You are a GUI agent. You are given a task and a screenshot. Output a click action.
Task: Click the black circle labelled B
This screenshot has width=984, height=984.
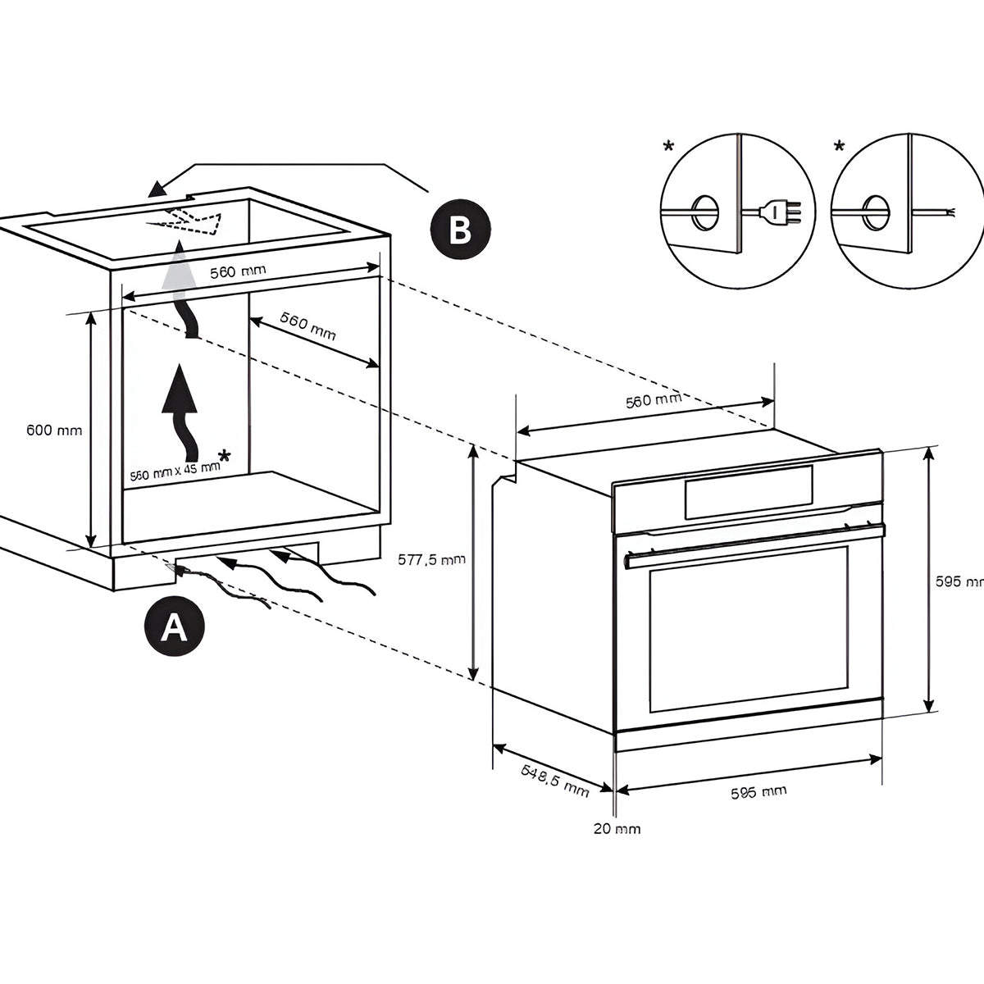point(460,230)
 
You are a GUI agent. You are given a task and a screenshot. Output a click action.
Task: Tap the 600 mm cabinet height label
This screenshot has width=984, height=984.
point(54,430)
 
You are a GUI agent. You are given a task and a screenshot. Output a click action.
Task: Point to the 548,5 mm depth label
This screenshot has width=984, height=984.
point(555,780)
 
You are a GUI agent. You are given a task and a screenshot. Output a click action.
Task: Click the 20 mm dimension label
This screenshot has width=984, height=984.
point(617,828)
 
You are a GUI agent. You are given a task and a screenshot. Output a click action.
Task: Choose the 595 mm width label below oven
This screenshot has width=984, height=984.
point(758,792)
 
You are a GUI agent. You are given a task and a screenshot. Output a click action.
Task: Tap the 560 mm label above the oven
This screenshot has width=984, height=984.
point(654,400)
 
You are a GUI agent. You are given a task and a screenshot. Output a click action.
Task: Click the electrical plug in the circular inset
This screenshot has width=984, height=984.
point(773,213)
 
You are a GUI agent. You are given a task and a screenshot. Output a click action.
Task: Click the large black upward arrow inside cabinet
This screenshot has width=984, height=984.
point(182,410)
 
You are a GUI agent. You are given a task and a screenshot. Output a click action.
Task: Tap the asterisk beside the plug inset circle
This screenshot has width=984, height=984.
point(669,148)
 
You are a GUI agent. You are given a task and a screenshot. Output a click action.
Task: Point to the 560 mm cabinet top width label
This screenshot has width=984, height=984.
point(238,272)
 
